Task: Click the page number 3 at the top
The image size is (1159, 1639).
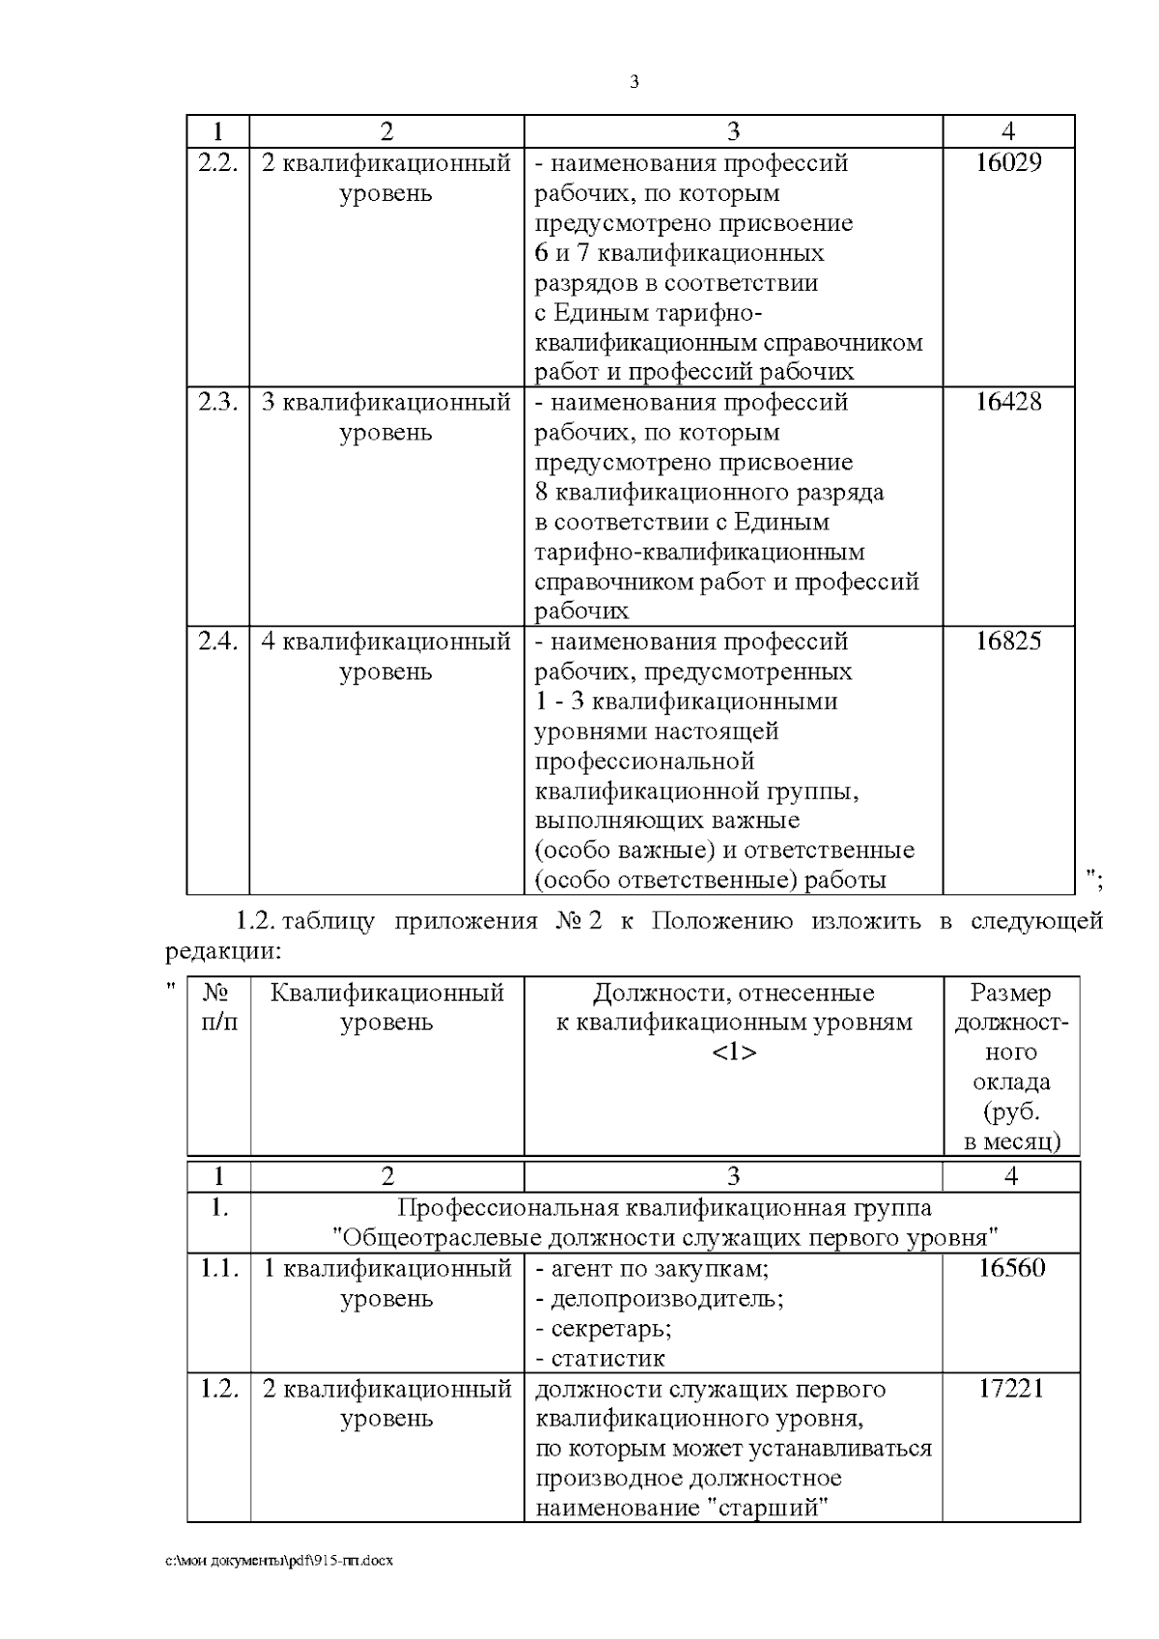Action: (x=634, y=82)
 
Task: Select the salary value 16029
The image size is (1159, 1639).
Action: (x=1008, y=162)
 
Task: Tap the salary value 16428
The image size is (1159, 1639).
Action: (x=1008, y=402)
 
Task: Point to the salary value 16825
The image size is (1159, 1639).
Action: (x=1008, y=641)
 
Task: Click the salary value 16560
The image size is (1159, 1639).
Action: (x=1011, y=1268)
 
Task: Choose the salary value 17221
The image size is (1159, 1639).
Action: (x=1011, y=1389)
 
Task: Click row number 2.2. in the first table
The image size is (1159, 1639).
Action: (x=218, y=162)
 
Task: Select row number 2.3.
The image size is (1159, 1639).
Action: (x=218, y=402)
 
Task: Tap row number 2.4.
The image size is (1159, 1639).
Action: (x=218, y=641)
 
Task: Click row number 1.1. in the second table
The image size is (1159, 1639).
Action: (x=219, y=1268)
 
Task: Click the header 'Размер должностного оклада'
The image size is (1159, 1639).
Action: (x=1011, y=1066)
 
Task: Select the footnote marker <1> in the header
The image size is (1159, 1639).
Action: (x=733, y=1052)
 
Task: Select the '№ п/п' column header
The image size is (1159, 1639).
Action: (x=218, y=1006)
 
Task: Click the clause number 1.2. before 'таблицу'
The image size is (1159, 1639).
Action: (x=259, y=921)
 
